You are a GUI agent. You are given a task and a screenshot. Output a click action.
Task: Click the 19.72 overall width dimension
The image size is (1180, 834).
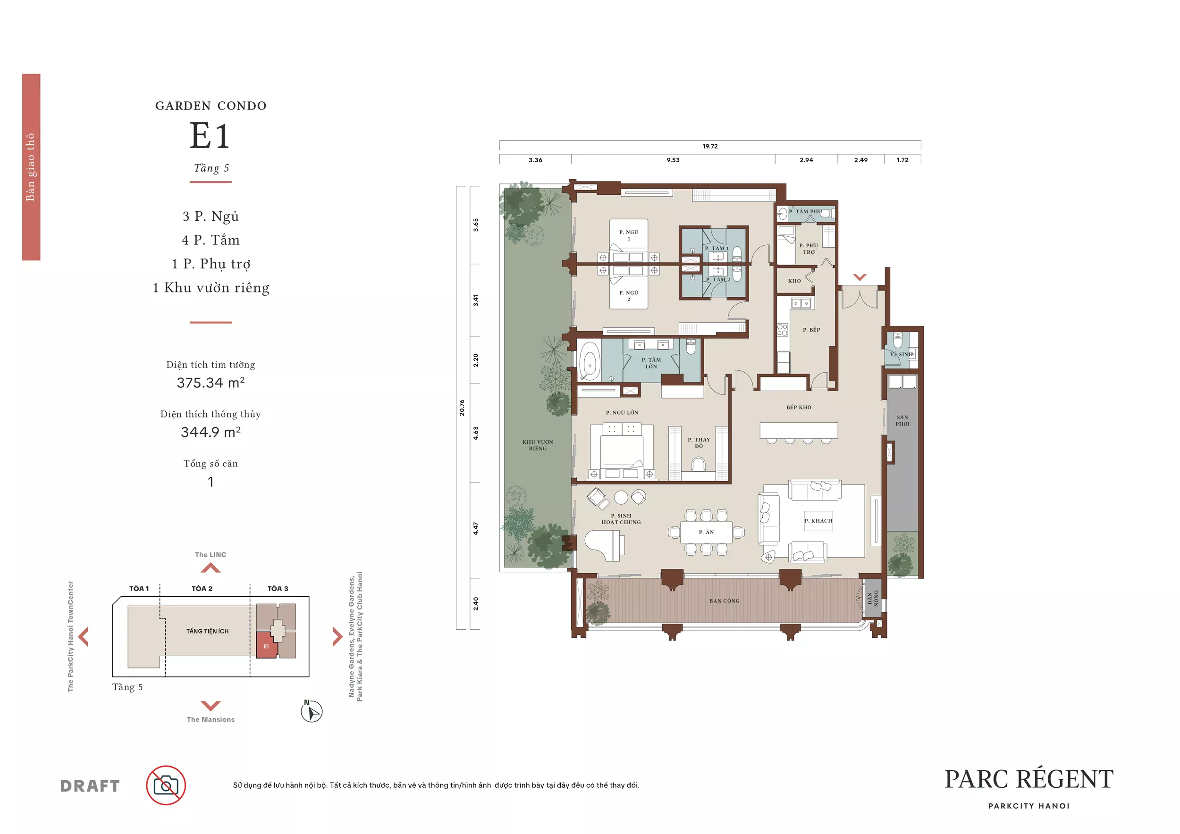[710, 146]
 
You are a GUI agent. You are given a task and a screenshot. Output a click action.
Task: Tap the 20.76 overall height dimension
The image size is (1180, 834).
[462, 407]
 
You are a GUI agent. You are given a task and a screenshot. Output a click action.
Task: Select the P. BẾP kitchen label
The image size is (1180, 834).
[811, 330]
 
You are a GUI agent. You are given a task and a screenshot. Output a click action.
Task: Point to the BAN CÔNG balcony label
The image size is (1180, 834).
[724, 601]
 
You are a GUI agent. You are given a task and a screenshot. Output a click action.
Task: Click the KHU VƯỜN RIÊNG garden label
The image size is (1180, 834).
[538, 445]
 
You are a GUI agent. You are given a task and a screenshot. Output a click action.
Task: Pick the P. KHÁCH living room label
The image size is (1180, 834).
[818, 521]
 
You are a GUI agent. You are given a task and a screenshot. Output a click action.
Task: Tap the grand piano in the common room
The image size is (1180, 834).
[604, 545]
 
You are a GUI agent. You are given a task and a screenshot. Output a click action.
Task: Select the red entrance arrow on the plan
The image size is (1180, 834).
[860, 277]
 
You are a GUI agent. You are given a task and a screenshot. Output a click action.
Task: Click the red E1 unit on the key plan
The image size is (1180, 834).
[266, 645]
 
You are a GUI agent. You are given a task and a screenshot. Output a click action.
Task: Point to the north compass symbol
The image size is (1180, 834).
[312, 712]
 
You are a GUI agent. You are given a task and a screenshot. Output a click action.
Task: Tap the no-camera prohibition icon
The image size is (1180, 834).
[166, 785]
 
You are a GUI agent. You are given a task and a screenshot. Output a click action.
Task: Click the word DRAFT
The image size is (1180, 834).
[90, 786]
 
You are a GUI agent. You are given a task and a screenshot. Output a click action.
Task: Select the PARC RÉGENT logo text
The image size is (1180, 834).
[1029, 779]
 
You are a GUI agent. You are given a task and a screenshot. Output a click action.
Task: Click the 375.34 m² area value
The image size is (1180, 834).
[211, 383]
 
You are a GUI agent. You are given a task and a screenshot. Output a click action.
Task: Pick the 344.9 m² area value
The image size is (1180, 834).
[211, 432]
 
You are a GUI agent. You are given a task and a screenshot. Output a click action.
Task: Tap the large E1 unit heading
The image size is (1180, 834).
[210, 135]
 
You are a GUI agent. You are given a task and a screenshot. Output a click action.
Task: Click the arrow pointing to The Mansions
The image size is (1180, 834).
[211, 706]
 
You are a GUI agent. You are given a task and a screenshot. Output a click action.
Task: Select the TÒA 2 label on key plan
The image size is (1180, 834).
[202, 589]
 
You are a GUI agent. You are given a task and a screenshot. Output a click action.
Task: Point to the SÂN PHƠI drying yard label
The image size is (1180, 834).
[902, 421]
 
